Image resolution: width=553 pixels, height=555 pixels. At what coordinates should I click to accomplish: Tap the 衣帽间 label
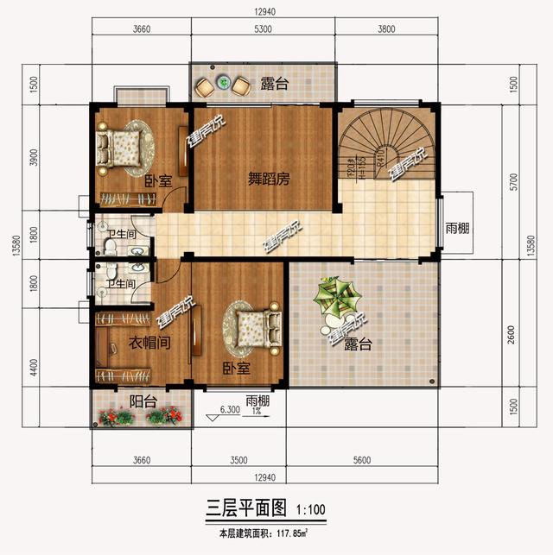click(x=149, y=342)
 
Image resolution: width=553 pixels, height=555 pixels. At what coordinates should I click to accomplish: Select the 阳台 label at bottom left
click(x=143, y=400)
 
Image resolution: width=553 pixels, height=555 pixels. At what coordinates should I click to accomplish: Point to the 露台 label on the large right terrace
click(x=357, y=344)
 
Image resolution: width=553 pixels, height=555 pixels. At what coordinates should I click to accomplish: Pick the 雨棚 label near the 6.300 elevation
click(x=257, y=400)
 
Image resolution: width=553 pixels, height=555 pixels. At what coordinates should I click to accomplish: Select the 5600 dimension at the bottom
click(x=360, y=459)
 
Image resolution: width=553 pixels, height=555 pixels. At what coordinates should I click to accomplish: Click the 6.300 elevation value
click(x=229, y=411)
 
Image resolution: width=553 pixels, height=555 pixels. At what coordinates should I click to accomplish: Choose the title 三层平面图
click(x=245, y=508)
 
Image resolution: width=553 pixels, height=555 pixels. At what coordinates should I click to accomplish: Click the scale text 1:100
click(x=310, y=509)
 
